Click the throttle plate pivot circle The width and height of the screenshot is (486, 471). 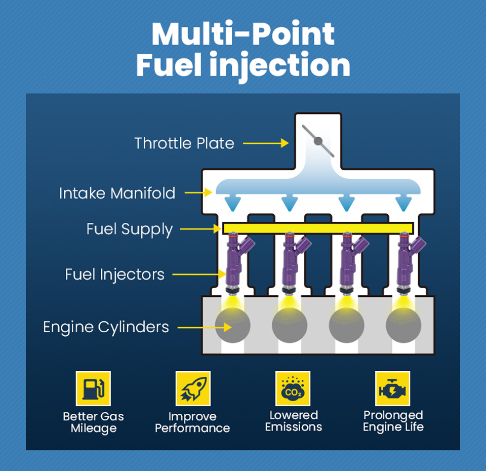click(x=318, y=141)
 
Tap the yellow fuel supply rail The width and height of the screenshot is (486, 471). click(x=318, y=228)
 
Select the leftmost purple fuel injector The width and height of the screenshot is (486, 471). click(x=235, y=261)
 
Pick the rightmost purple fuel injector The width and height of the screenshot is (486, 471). click(x=406, y=261)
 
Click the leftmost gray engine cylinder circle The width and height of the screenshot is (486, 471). click(x=232, y=326)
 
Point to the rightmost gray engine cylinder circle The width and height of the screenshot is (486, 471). click(x=403, y=326)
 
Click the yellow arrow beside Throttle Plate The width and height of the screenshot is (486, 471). click(x=265, y=143)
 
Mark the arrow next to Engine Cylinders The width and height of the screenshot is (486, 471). click(x=205, y=327)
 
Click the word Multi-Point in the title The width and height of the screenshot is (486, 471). click(x=243, y=34)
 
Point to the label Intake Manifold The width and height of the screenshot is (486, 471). click(x=117, y=193)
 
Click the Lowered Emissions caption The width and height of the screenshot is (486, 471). click(x=294, y=421)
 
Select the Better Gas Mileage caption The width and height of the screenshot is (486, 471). click(x=93, y=422)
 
